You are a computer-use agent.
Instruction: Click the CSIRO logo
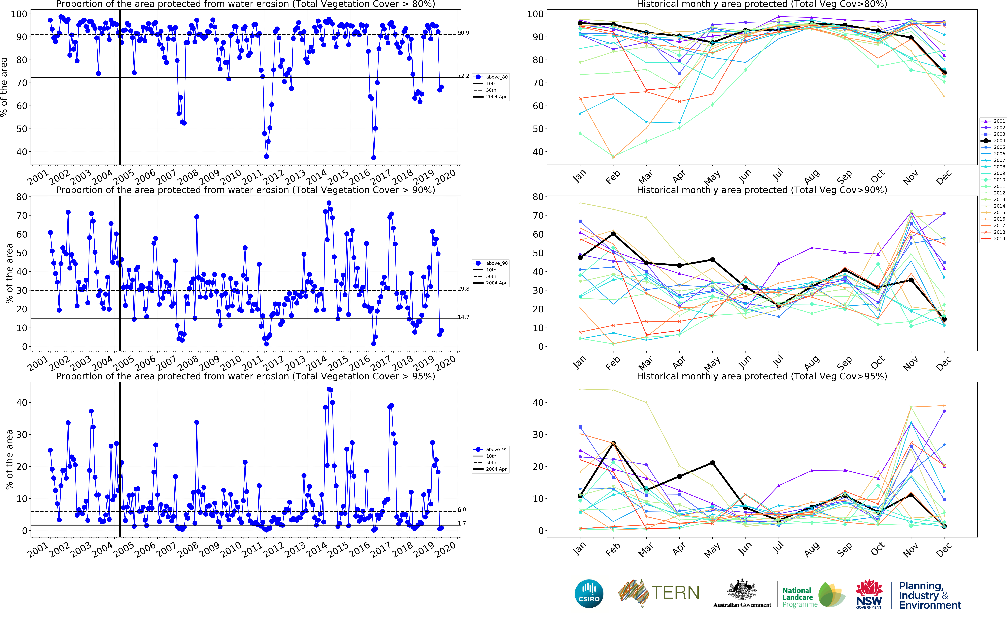point(589,593)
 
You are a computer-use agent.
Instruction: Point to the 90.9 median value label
point(463,33)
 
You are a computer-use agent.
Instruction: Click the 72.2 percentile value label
point(463,76)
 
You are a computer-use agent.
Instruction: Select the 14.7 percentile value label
point(463,317)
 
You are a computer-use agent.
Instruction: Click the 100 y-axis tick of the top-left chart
point(19,14)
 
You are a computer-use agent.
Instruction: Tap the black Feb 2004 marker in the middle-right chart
point(613,234)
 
